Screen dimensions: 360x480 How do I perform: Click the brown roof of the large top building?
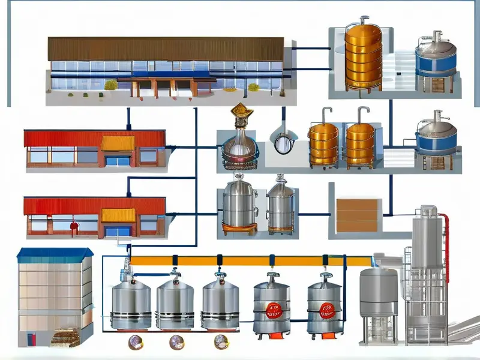pyautogui.click(x=165, y=49)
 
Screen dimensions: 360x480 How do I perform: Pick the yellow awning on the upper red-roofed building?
pyautogui.click(x=118, y=143)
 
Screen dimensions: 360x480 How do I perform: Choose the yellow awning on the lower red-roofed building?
pyautogui.click(x=118, y=215)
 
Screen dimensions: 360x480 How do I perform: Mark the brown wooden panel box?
pyautogui.click(x=356, y=215)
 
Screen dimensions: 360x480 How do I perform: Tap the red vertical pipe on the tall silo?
pyautogui.click(x=445, y=240)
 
